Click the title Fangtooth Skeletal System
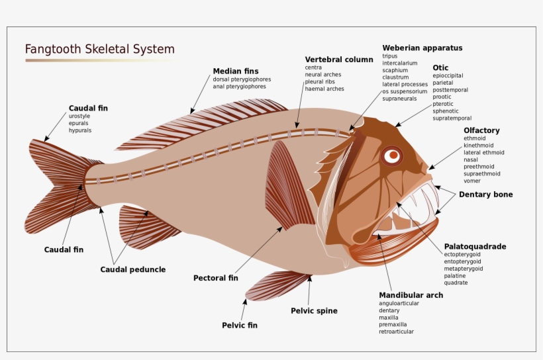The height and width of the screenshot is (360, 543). pos(100,50)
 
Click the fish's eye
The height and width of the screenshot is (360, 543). pos(393,156)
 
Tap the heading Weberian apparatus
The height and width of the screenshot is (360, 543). pos(422,48)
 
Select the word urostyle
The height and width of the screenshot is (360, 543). pos(79,116)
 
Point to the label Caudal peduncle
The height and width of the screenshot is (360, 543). pos(133,269)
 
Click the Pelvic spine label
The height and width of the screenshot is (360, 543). pos(314,311)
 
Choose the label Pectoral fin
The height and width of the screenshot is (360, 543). pos(215,278)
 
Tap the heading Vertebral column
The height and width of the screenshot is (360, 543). pos(339,60)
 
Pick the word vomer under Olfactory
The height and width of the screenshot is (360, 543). pos(473,181)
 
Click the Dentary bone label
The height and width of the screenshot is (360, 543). pos(485,195)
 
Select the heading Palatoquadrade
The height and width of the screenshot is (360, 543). pos(475,246)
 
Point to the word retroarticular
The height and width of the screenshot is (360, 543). pos(396,332)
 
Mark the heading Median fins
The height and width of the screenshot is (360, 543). pos(236,71)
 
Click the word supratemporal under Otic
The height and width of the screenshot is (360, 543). pos(454,118)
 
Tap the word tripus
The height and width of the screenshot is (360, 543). pos(390,56)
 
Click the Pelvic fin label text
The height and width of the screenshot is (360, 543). pos(240,325)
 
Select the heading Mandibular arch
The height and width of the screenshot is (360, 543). pos(411,294)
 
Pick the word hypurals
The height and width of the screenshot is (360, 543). pos(80,130)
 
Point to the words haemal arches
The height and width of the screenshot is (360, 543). pos(324,89)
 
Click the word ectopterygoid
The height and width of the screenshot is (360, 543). pos(463,254)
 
